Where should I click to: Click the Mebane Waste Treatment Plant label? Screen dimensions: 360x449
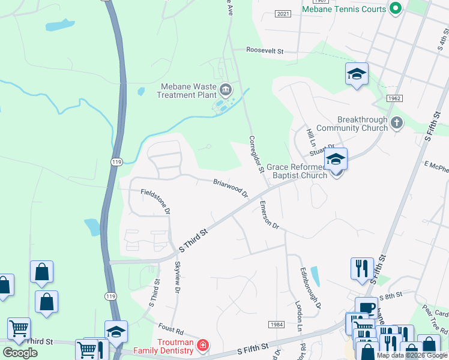click(187, 91)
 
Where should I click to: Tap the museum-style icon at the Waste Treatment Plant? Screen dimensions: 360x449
click(226, 91)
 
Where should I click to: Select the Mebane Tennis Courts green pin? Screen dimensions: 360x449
click(395, 8)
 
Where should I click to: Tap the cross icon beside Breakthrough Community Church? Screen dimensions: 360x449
click(396, 124)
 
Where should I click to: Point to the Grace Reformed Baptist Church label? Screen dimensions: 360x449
click(297, 171)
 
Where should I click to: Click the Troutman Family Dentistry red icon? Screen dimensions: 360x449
click(203, 345)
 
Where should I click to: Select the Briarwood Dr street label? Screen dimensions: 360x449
click(231, 188)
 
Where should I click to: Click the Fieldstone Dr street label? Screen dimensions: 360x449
click(155, 202)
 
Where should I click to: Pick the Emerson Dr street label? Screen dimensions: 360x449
click(270, 215)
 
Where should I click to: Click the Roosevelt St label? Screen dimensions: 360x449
click(265, 51)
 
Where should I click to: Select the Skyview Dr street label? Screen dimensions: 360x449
click(177, 277)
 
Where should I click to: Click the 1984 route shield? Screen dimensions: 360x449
click(276, 324)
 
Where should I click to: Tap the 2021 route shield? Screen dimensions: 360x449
click(283, 13)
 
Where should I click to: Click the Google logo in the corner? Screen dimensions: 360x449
click(20, 352)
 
